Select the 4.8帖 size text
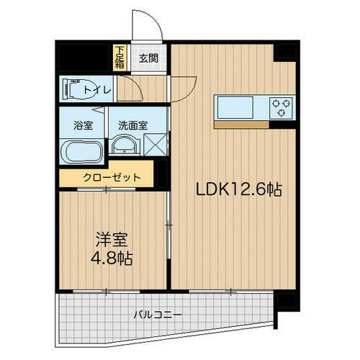tap(111, 257)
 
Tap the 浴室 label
tap(83, 124)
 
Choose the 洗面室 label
tap(133, 124)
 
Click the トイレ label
tap(97, 89)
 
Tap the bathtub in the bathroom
tap(82, 152)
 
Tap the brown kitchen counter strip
tap(241, 124)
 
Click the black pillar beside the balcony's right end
tap(286, 299)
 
